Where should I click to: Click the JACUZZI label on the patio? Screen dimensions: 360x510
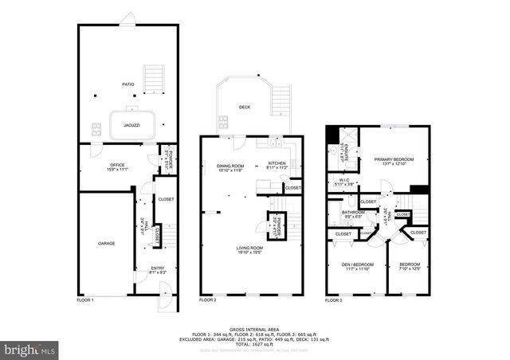pyautogui.click(x=132, y=125)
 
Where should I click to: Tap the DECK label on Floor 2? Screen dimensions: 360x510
pyautogui.click(x=245, y=106)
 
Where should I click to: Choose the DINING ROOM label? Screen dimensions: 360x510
pyautogui.click(x=230, y=167)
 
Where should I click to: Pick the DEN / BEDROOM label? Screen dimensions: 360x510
pyautogui.click(x=351, y=266)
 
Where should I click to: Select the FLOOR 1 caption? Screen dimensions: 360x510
pyautogui.click(x=85, y=300)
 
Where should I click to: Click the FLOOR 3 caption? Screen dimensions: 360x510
pyautogui.click(x=333, y=300)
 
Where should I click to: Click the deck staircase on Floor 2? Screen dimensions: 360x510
pyautogui.click(x=280, y=102)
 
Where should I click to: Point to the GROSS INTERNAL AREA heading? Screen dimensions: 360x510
pyautogui.click(x=254, y=328)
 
